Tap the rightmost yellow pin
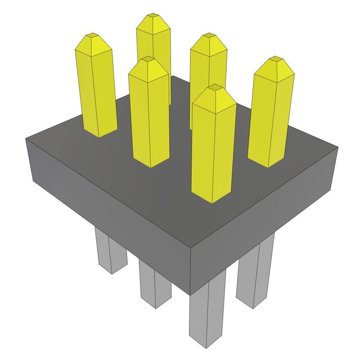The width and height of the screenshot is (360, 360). pyautogui.click(x=271, y=115)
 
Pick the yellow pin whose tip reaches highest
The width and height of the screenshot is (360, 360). pyautogui.click(x=154, y=56)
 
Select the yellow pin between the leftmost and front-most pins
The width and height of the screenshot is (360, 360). pyautogui.click(x=150, y=115)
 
